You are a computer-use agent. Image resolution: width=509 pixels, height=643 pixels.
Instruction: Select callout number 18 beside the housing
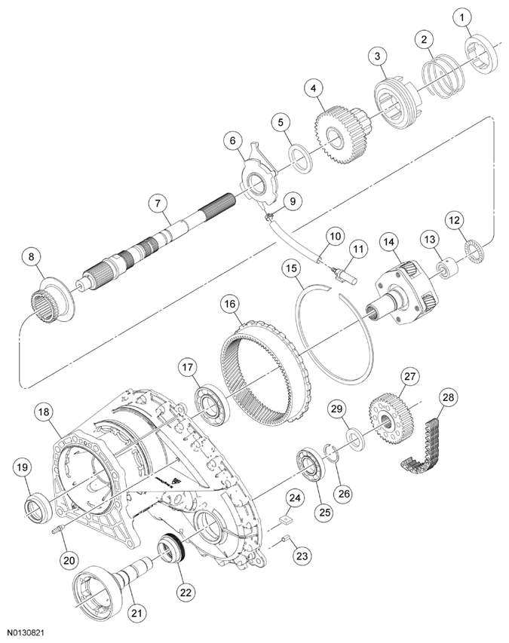coord(44,412)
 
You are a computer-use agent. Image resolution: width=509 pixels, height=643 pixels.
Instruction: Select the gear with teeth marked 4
coord(334,131)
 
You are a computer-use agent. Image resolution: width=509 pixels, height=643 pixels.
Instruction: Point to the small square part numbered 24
coord(286,518)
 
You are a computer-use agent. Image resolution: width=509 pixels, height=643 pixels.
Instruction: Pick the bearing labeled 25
coord(309,464)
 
